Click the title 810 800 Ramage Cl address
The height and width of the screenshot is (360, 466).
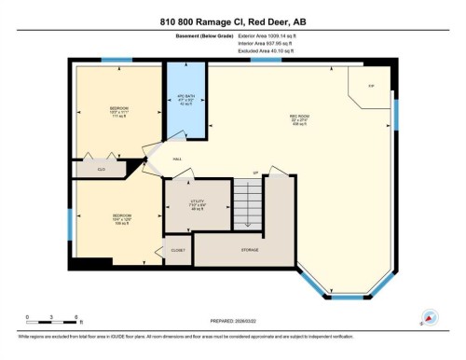pyautogui.click(x=232, y=21)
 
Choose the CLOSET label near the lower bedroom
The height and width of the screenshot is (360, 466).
pyautogui.click(x=177, y=250)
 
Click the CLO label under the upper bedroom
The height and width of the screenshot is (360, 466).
pyautogui.click(x=101, y=169)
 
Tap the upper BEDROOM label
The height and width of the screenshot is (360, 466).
pyautogui.click(x=118, y=108)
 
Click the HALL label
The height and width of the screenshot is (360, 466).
pyautogui.click(x=176, y=159)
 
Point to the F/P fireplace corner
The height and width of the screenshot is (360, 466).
pyautogui.click(x=371, y=86)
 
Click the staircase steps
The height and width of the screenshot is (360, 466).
pyautogui.click(x=248, y=202)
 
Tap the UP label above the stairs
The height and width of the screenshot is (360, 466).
pyautogui.click(x=255, y=173)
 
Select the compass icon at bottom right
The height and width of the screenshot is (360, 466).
pyautogui.click(x=430, y=316)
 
